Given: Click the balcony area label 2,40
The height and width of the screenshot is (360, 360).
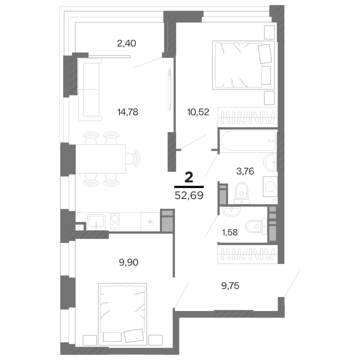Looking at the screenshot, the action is click(126, 43).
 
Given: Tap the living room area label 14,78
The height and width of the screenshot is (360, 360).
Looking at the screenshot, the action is click(127, 112).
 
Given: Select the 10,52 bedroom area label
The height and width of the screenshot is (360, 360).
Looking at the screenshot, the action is click(198, 112).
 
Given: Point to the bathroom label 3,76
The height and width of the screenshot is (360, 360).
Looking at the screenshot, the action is click(245, 171).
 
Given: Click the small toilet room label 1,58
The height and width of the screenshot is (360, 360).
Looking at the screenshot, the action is click(230, 232).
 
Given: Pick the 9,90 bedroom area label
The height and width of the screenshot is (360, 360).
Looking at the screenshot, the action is click(128, 262).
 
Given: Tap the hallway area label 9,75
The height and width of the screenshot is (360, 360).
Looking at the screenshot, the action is click(230, 286).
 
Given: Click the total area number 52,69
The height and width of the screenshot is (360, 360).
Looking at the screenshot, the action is click(189, 195).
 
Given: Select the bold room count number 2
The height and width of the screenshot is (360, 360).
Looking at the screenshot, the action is click(188, 177).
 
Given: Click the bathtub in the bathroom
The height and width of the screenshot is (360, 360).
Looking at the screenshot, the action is click(249, 140).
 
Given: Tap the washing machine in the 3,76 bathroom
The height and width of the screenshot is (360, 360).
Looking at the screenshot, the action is click(270, 186).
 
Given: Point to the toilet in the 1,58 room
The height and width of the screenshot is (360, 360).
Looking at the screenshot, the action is click(256, 226).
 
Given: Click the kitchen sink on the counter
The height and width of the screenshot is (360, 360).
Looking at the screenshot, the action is click(96, 222).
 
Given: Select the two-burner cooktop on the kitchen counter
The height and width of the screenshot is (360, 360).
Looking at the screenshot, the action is click(115, 221).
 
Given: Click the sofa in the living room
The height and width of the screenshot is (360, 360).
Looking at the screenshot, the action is click(90, 89).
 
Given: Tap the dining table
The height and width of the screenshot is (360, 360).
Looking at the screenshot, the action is click(100, 159).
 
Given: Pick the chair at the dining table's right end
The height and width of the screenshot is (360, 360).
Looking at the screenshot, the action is click(132, 159).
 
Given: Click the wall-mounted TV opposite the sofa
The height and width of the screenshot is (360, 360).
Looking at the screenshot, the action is click(169, 90).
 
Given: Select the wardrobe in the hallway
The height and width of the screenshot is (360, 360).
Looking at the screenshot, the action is click(247, 254).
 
